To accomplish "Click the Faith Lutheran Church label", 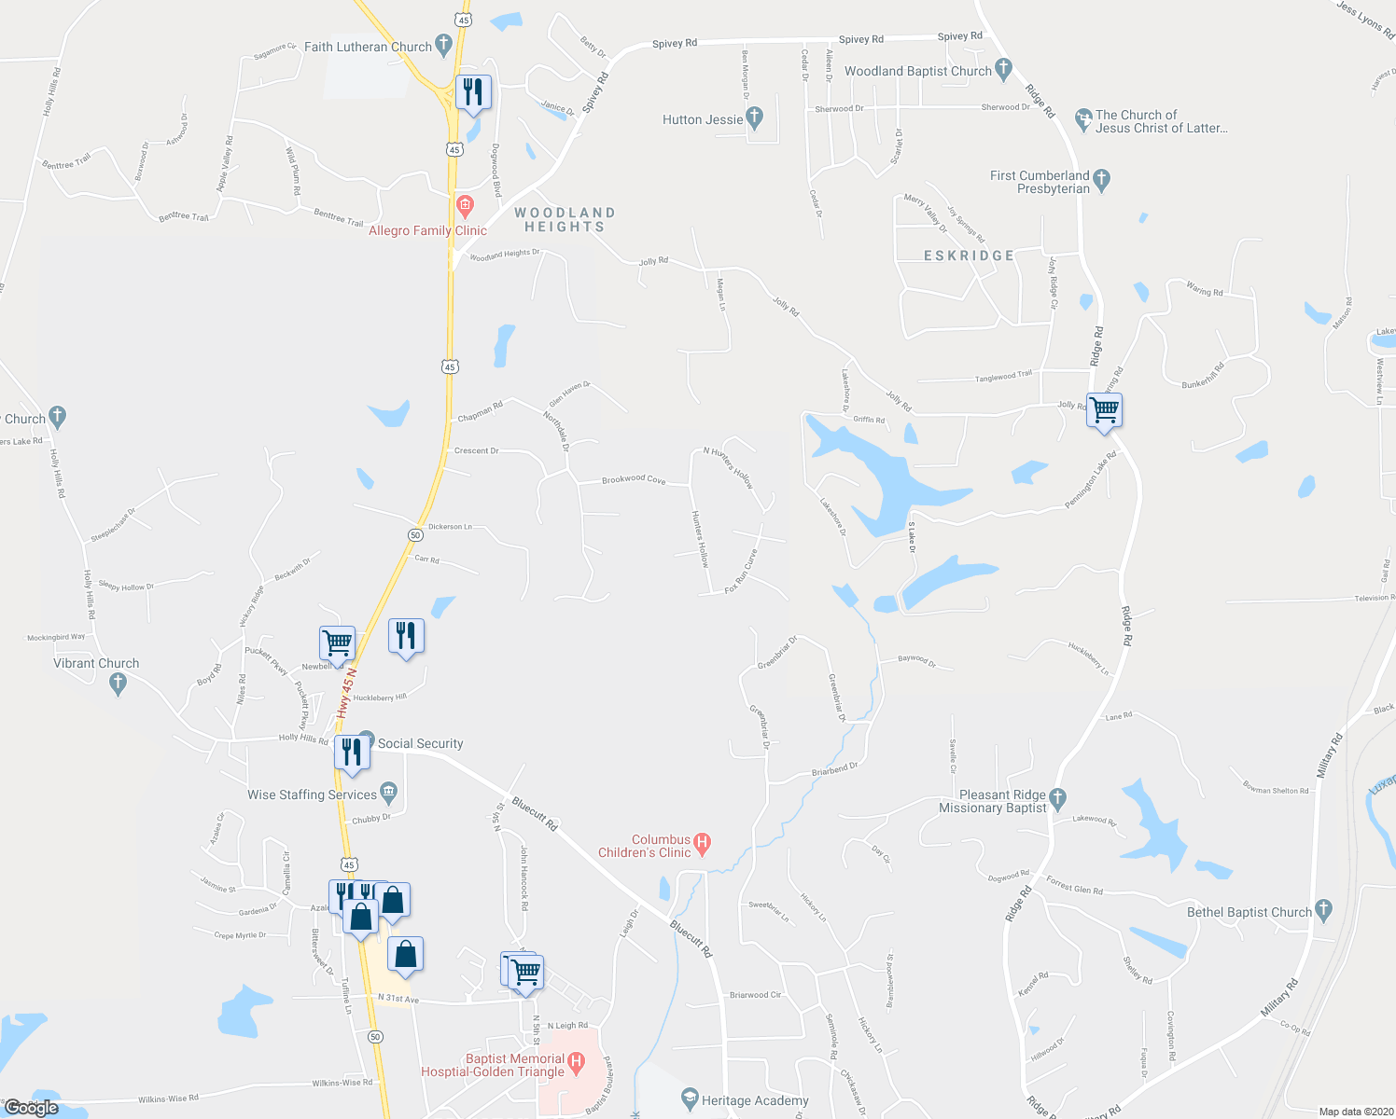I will pos(368,47).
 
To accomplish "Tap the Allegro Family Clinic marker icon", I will pos(464,204).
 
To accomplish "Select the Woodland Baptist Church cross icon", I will pos(1003,67).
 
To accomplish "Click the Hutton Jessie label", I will pos(703,119).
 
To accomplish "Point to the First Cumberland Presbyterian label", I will pos(1040,182).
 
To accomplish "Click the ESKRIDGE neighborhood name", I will pos(969,256).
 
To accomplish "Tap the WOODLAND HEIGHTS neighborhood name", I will pos(565,220).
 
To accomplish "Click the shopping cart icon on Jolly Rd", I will pos(1104,409).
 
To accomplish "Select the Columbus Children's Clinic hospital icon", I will pos(703,843).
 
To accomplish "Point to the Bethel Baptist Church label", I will pos(1249,912).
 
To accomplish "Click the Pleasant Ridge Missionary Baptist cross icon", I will pos(1057,797).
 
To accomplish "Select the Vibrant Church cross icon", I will pos(118,684).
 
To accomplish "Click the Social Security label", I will pos(420,743).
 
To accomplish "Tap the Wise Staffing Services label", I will pos(312,794).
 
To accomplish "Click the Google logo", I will pos(31,1108).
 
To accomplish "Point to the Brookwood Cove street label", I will pos(634,479).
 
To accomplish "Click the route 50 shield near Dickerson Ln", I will pos(414,534).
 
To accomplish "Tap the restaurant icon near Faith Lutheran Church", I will pos(473,91).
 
